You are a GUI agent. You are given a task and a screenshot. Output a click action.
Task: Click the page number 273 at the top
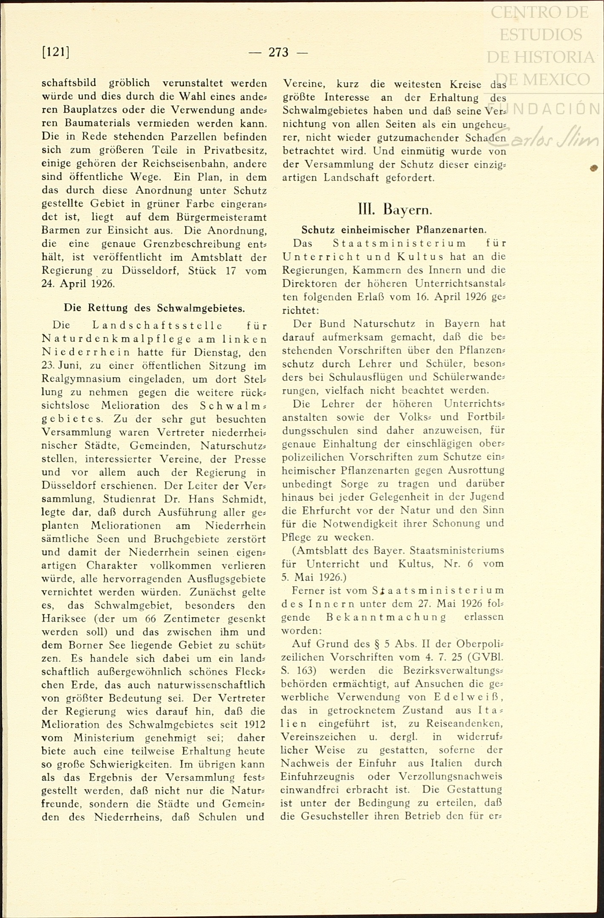click(x=278, y=52)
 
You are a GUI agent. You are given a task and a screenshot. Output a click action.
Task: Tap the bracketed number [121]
click(x=56, y=52)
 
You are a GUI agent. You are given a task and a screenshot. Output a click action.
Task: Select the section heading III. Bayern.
click(x=395, y=209)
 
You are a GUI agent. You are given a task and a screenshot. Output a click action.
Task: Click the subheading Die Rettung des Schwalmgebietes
click(x=154, y=307)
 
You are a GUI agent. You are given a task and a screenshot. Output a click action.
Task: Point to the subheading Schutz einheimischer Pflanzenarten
click(x=394, y=230)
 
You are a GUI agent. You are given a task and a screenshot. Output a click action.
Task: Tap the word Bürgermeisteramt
click(x=221, y=217)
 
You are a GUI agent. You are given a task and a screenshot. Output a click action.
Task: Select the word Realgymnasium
click(x=81, y=379)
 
